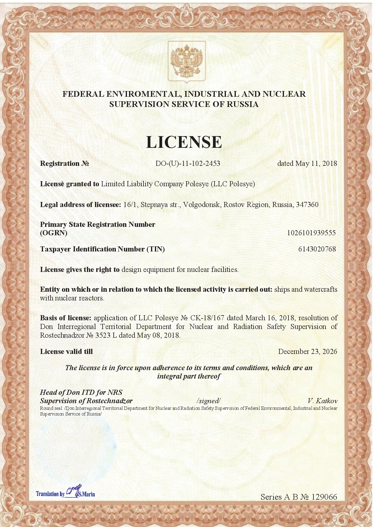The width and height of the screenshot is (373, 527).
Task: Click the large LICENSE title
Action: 184,142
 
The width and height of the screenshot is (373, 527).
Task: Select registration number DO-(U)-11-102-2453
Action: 188,163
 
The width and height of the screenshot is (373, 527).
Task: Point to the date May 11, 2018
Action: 316,163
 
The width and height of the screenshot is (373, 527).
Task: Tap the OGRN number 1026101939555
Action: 311,233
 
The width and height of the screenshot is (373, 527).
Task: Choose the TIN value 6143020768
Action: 317,249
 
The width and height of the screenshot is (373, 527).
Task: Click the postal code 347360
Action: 307,205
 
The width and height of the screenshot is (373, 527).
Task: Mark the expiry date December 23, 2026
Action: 307,352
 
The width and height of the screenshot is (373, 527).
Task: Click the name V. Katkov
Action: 322,401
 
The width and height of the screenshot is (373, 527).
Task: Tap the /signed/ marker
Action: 208,401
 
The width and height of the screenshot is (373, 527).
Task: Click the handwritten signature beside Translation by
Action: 73,491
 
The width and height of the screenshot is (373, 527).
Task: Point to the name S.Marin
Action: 87,494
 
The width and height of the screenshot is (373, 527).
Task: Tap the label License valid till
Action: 66,352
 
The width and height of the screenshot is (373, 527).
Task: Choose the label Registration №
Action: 64,163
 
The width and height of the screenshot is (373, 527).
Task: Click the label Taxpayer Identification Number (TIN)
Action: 102,249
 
